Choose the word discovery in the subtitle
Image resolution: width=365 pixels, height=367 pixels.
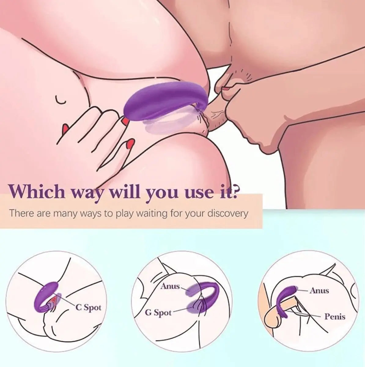coord(227,213)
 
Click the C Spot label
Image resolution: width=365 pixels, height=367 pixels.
coord(88,307)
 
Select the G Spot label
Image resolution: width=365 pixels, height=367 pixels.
coord(158,313)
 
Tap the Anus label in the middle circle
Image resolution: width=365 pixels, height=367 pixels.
coord(170,287)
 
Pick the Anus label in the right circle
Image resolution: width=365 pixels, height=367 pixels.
coord(319,290)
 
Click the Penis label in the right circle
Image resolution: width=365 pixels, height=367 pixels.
coord(335,317)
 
